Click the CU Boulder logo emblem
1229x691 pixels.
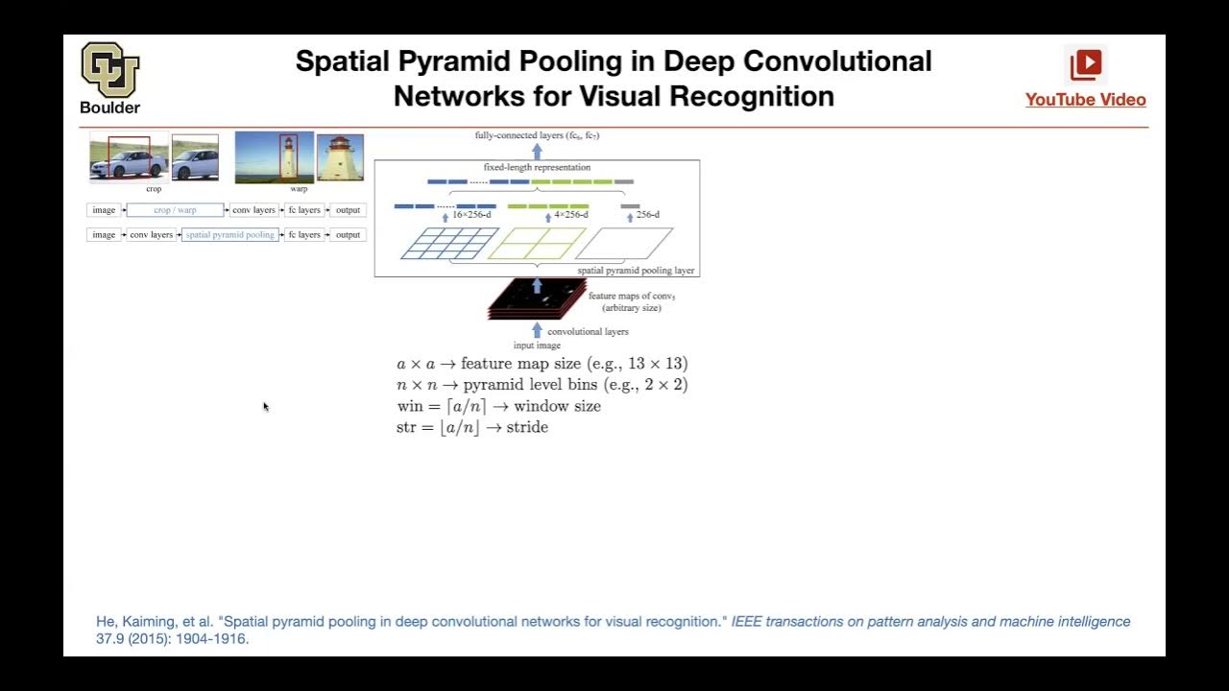coord(110,69)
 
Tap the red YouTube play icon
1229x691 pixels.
coord(1086,64)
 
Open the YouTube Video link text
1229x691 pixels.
coord(1085,100)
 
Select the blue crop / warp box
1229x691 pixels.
coord(175,210)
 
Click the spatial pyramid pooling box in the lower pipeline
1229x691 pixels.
coord(230,235)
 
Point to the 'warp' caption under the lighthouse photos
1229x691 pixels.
coord(299,189)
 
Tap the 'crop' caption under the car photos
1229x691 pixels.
coord(154,189)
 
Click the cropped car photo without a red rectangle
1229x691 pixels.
coord(195,158)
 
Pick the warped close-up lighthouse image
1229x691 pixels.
coord(340,158)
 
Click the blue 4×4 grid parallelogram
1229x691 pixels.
coord(448,244)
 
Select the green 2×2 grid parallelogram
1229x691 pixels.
coord(537,244)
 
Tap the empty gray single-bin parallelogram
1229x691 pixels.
coord(624,244)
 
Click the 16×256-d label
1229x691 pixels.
coord(470,215)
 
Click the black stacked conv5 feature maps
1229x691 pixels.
coord(536,300)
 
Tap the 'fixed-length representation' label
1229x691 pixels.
coord(537,168)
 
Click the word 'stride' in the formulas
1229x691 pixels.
coord(527,427)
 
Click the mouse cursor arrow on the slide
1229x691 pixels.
coord(265,407)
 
